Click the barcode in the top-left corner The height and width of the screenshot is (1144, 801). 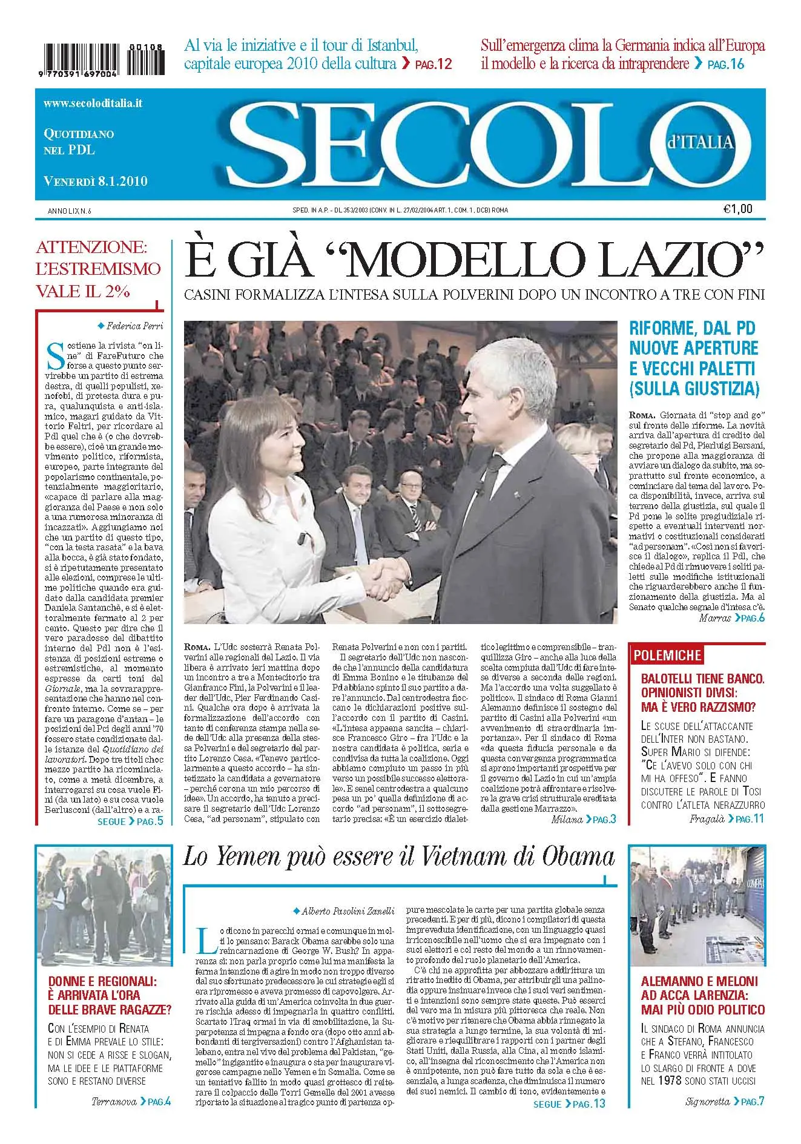coord(81,59)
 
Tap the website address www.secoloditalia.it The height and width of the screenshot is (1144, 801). coord(93,104)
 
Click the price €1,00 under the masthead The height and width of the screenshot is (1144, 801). coord(737,209)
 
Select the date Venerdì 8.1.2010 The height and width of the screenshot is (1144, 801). coord(95,181)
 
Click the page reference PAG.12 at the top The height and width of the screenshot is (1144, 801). coord(433,64)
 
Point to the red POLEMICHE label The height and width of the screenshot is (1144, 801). coord(667,655)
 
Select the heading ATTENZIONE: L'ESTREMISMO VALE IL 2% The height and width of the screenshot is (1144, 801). coord(98,269)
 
